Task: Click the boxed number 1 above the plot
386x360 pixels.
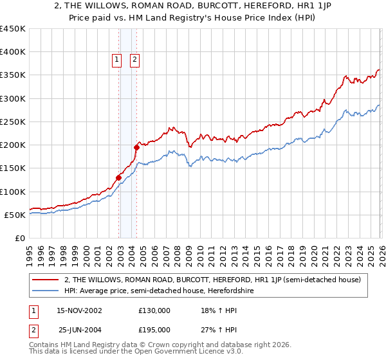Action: tap(116, 60)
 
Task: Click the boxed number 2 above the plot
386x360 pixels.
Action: tap(134, 60)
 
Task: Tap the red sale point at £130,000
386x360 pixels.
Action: tap(119, 177)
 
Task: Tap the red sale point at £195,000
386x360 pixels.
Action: tap(137, 147)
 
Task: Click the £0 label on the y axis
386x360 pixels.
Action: tap(20, 238)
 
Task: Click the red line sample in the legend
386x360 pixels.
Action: tap(46, 280)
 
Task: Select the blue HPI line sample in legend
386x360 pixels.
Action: tap(46, 291)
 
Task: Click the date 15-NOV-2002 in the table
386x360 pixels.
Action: tap(79, 310)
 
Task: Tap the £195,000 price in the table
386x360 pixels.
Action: tap(154, 329)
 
